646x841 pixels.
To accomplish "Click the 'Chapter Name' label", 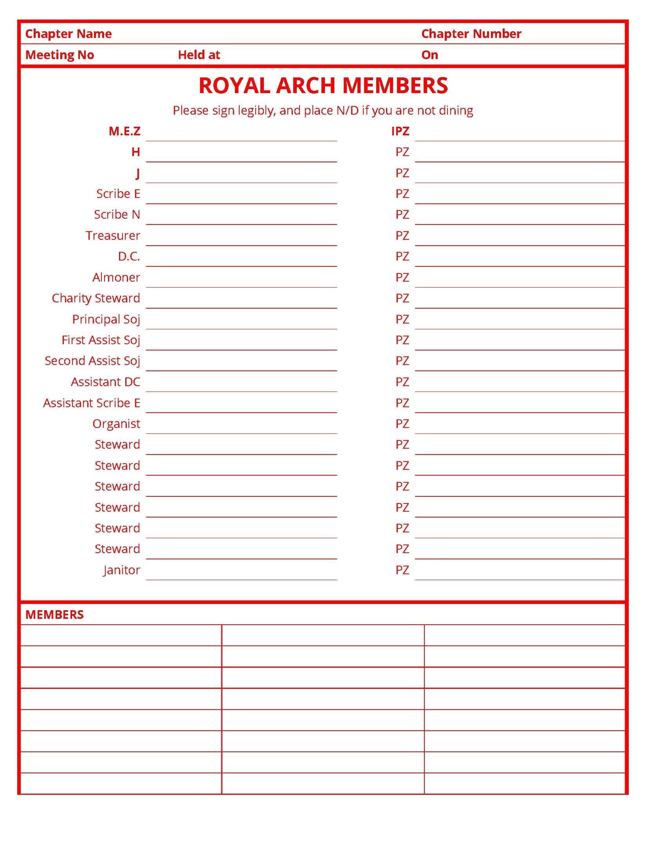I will point(69,34).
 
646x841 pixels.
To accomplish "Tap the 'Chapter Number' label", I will point(471,34).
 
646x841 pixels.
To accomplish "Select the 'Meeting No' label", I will point(60,55).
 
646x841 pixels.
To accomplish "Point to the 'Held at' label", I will point(199,55).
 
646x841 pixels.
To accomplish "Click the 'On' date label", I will point(429,55).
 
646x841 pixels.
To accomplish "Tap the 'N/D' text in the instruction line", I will point(347,110).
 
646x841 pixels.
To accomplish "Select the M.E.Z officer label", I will point(124,131).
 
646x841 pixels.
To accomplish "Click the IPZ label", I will point(400,131).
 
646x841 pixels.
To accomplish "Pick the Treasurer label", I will point(113,235).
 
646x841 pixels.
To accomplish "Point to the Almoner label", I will point(116,277).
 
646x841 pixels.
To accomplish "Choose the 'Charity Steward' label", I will point(96,298).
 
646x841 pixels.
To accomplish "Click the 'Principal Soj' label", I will point(106,319).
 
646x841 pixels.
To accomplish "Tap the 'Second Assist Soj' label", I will point(92,361).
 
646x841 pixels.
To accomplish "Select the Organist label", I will point(116,424).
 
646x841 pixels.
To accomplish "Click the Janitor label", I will point(121,570).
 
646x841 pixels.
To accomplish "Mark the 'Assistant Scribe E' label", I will point(91,403).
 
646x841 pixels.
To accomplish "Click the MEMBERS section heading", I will point(54,615).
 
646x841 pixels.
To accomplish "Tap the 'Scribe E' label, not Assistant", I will point(118,194).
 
